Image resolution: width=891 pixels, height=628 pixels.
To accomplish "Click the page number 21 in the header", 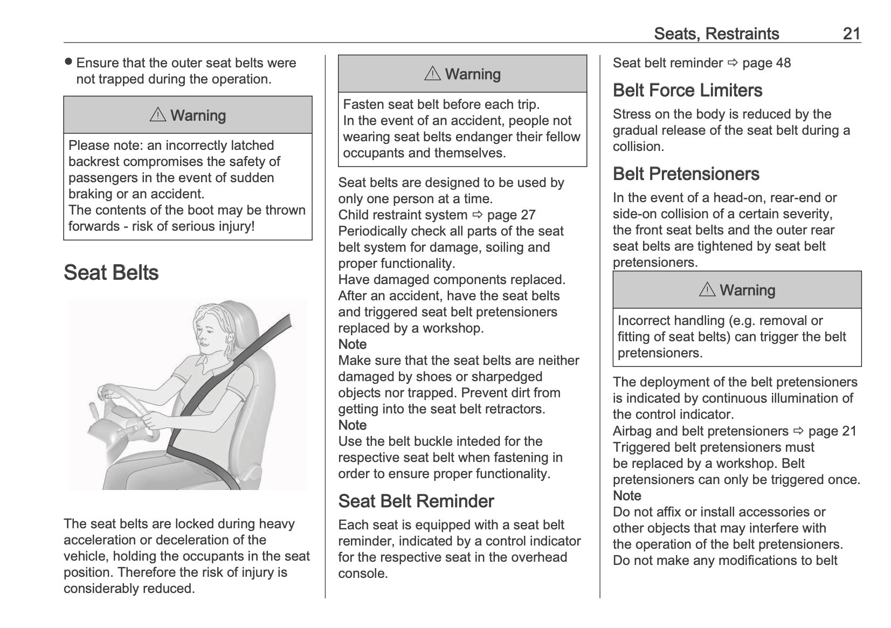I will pyautogui.click(x=851, y=33).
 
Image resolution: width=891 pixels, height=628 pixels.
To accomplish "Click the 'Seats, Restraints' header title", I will pyautogui.click(x=716, y=33).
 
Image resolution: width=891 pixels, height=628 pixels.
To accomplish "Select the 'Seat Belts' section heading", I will pyautogui.click(x=111, y=273).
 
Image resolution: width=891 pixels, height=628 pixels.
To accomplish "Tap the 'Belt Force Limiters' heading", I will pyautogui.click(x=687, y=90).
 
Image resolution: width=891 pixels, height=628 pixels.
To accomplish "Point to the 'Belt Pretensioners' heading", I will pyautogui.click(x=686, y=174).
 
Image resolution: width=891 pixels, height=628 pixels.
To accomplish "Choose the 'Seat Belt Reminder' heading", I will pyautogui.click(x=416, y=501).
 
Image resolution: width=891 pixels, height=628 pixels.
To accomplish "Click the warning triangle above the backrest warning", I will pyautogui.click(x=158, y=115).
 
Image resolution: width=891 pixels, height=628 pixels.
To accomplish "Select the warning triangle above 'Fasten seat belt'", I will pyautogui.click(x=432, y=73).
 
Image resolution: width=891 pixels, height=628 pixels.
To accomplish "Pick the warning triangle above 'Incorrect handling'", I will pyautogui.click(x=707, y=289).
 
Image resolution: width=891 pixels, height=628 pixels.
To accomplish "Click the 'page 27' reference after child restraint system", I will pyautogui.click(x=511, y=215).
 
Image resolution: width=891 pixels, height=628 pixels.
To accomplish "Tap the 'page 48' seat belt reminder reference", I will pyautogui.click(x=766, y=63).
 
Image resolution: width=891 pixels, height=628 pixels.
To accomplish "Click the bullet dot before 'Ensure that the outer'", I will pyautogui.click(x=68, y=62).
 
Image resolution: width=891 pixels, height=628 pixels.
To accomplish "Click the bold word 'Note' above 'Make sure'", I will pyautogui.click(x=353, y=344).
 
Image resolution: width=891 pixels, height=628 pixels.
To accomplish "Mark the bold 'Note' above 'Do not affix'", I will pyautogui.click(x=627, y=495).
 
